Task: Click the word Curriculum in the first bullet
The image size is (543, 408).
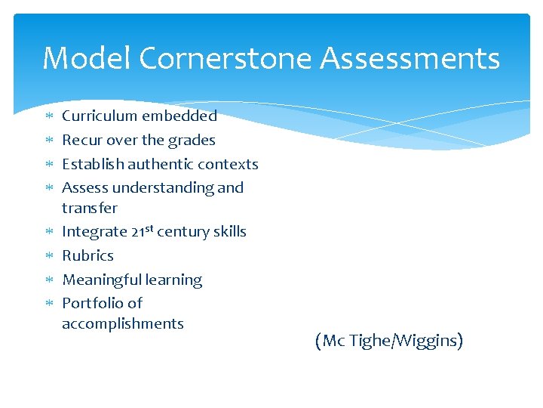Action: pos(98,116)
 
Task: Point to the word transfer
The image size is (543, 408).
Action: pos(90,208)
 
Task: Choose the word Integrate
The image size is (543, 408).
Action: pos(94,232)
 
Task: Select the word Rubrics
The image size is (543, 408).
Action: pos(87,255)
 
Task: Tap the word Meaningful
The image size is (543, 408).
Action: pos(101,280)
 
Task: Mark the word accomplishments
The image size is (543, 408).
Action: pos(123,324)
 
